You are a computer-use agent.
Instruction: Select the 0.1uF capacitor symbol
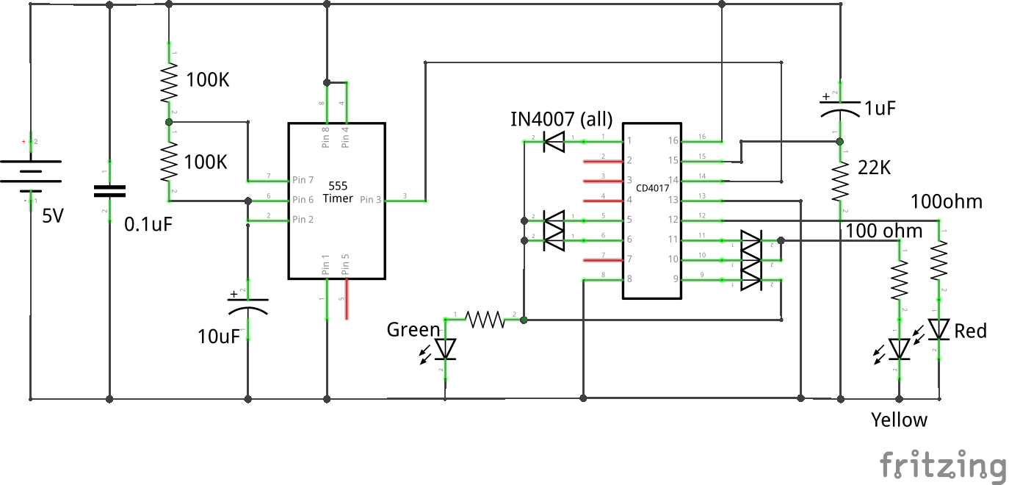109,191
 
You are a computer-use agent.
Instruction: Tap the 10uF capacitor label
220,337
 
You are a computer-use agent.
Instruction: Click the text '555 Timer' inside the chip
338,193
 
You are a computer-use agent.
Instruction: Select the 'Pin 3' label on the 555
371,200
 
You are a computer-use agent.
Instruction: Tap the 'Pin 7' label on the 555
303,180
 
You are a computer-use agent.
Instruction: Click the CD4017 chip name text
652,188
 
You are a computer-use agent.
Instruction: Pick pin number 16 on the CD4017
673,140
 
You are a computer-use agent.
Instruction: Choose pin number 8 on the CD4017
629,279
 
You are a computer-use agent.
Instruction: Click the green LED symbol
445,348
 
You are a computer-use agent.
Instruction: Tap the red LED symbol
939,329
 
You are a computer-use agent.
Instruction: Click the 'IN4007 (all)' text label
561,118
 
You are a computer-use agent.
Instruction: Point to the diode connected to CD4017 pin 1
553,141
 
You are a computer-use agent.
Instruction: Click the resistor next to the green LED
485,320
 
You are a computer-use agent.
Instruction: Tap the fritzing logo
942,465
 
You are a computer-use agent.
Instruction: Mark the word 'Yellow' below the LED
899,420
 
